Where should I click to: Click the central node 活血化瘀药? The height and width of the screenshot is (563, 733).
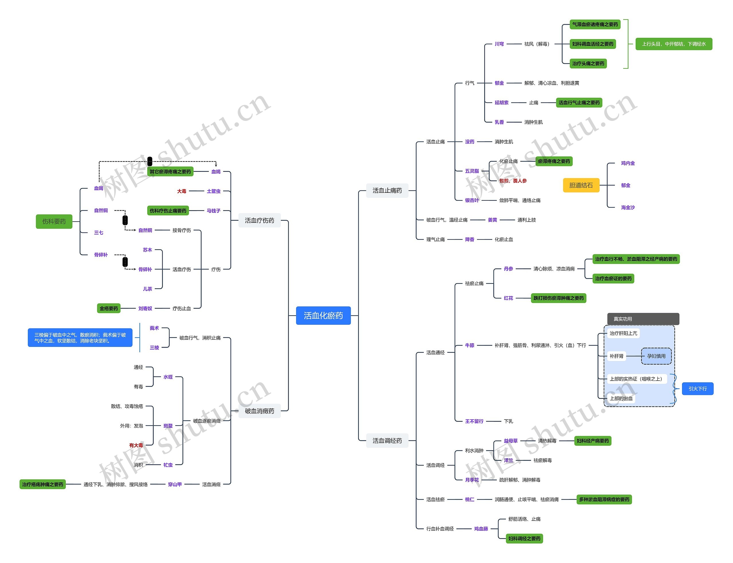323,315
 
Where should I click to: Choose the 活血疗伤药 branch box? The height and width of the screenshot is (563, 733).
259,220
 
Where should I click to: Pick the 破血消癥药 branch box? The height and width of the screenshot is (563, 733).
259,411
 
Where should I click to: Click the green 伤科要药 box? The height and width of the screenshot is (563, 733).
54,222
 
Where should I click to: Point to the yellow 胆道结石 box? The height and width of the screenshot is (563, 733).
581,185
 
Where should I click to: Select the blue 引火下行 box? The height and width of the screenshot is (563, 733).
697,389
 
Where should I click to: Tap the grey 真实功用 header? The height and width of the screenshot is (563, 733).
643,319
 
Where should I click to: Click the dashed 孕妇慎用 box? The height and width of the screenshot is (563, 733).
656,356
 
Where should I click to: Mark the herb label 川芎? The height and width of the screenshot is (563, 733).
499,44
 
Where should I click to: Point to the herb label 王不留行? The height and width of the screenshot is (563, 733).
474,421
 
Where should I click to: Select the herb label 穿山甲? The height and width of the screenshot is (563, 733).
175,484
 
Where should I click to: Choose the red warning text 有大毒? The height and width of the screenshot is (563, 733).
136,445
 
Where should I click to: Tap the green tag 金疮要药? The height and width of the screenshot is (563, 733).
109,308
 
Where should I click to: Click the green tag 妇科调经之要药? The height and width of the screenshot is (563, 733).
524,539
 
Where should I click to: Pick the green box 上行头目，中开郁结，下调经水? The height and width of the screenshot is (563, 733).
673,44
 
